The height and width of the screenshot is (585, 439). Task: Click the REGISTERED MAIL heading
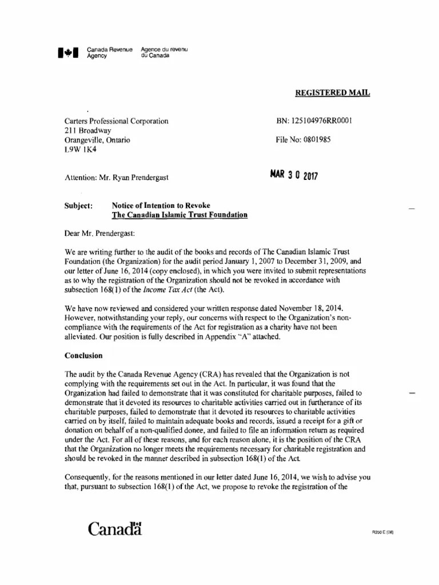[332, 93]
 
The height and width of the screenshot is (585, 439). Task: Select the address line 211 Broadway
[88, 130]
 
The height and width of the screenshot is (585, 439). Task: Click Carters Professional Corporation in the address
[116, 121]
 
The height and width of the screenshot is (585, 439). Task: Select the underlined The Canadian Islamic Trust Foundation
[179, 215]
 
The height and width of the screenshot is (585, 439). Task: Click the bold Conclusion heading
[83, 355]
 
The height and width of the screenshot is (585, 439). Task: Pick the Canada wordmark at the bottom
[114, 530]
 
